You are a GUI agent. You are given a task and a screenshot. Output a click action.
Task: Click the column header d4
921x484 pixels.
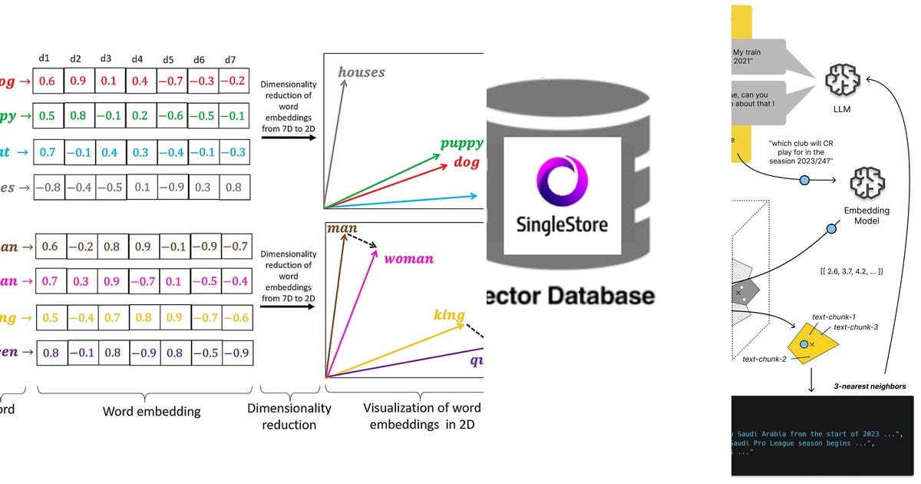coord(137,58)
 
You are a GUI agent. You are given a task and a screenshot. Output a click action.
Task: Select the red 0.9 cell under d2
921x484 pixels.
coord(77,81)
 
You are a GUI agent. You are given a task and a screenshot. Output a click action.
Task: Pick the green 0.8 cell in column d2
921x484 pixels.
coord(77,116)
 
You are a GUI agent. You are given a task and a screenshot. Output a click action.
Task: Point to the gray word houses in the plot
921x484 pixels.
coord(361,72)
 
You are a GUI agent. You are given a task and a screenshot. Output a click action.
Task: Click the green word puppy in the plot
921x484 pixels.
coord(461,143)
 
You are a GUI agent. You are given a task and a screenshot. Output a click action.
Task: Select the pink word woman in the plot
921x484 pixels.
coord(408,259)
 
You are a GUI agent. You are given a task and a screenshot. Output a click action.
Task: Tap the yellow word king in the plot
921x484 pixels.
coord(449,315)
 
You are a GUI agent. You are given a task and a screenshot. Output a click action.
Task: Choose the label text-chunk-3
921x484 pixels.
coord(855,327)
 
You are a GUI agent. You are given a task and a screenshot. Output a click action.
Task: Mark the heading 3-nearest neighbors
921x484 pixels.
coord(869,386)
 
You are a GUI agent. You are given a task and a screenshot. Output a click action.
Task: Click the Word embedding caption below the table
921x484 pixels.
coord(151,412)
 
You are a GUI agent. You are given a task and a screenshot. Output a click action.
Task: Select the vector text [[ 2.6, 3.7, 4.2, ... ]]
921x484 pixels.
coord(851,271)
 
